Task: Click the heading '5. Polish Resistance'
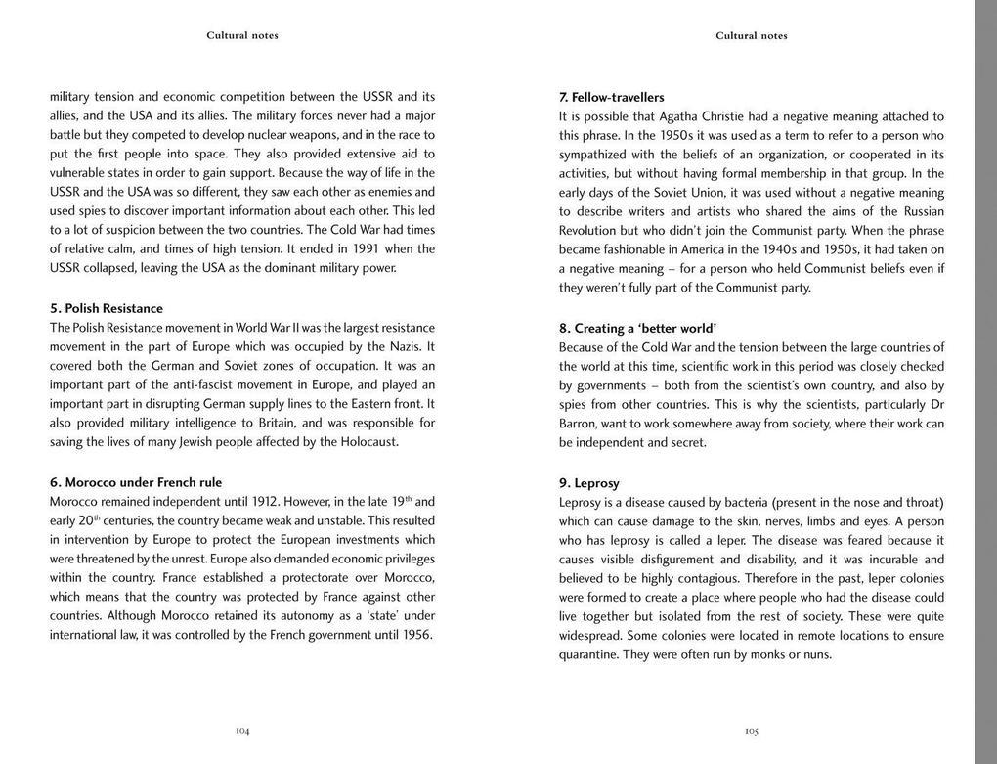click(x=107, y=309)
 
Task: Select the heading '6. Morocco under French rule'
click(x=136, y=482)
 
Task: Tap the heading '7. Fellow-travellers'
click(x=612, y=98)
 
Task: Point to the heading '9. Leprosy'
click(x=589, y=483)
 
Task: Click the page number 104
click(x=242, y=731)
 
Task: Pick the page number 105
click(x=752, y=731)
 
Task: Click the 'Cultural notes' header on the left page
click(x=242, y=36)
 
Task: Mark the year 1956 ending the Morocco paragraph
click(x=415, y=635)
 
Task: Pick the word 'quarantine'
click(x=592, y=654)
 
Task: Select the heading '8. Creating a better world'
click(x=637, y=329)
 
